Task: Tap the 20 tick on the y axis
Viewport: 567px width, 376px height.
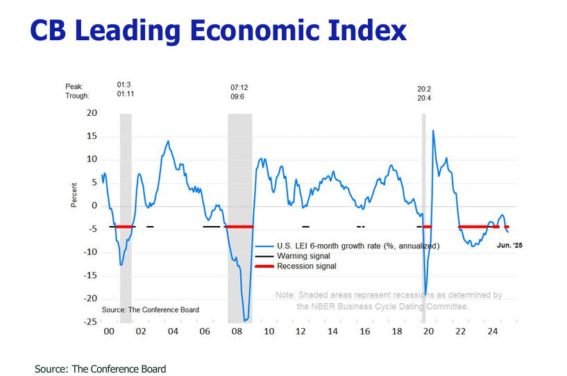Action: click(x=92, y=112)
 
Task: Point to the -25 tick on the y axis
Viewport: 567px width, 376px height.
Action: click(x=90, y=322)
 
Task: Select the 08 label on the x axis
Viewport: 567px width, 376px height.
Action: click(x=237, y=332)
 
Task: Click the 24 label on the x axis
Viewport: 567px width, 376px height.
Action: click(x=492, y=332)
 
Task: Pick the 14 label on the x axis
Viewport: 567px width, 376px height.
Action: click(x=332, y=332)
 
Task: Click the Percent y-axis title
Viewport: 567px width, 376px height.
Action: click(x=74, y=195)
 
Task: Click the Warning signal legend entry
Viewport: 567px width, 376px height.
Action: click(x=303, y=256)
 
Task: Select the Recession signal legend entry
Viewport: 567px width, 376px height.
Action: click(x=306, y=266)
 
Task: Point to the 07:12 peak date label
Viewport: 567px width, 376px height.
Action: click(x=239, y=87)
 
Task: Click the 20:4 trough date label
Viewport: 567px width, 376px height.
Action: click(x=425, y=98)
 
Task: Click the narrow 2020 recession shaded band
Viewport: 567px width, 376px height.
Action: click(x=423, y=208)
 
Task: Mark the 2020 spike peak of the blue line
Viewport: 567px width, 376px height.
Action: click(x=433, y=130)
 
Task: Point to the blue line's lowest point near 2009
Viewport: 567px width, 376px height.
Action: click(x=245, y=320)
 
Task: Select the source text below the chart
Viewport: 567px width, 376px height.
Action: click(x=101, y=369)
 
